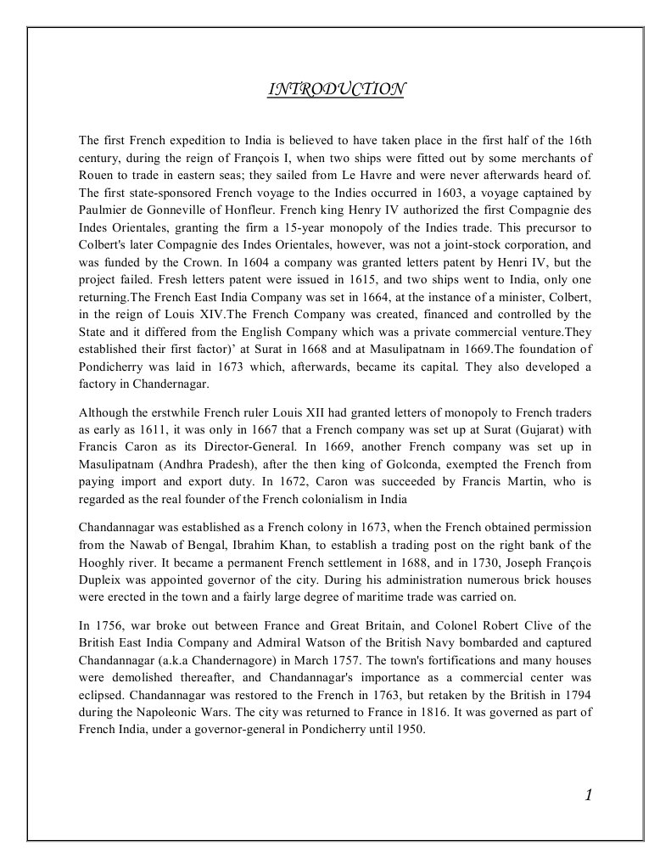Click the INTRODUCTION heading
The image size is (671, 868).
coord(335,89)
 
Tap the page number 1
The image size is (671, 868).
coord(588,794)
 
